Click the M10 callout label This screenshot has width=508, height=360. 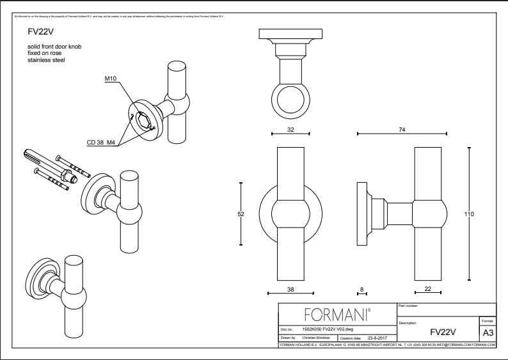(x=111, y=79)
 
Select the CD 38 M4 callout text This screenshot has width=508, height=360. (x=102, y=143)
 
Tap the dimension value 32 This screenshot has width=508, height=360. (x=290, y=129)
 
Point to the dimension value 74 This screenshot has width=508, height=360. (x=402, y=129)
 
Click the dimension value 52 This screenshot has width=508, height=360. (x=241, y=214)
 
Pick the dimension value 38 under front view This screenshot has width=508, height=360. (x=290, y=290)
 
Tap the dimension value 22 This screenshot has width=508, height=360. (x=428, y=290)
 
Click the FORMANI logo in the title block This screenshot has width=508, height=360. (x=337, y=314)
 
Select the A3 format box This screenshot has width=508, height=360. (x=488, y=333)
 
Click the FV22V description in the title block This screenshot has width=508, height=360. (x=442, y=332)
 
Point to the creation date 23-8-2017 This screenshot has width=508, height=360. (x=378, y=337)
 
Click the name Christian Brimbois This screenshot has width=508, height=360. (x=318, y=337)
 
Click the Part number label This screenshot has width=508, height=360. (x=408, y=306)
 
